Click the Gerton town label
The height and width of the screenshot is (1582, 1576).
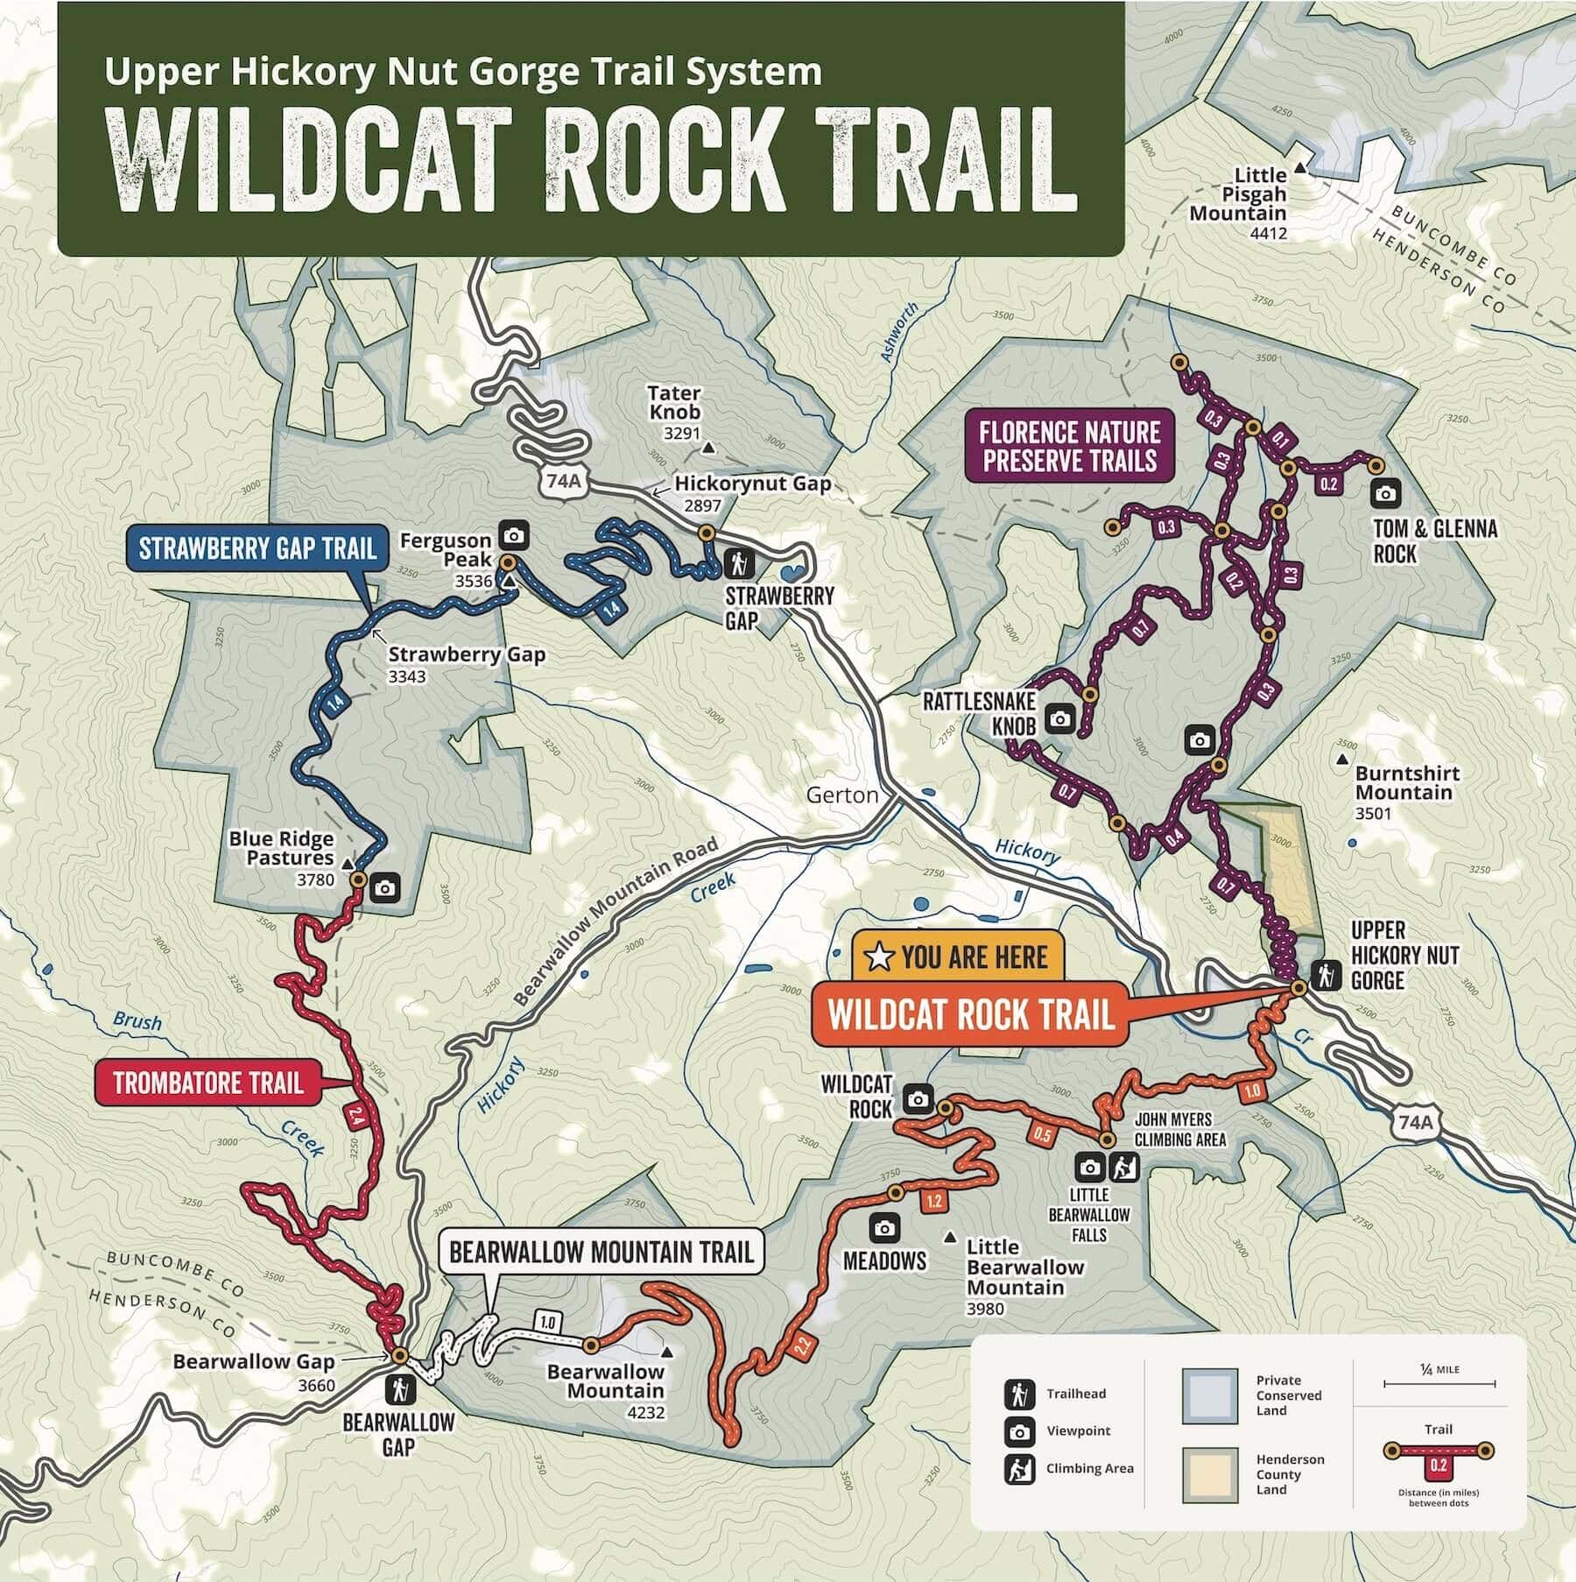point(841,795)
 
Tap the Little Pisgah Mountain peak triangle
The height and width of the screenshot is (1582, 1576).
point(1301,166)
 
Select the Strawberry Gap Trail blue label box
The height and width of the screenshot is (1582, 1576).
point(257,549)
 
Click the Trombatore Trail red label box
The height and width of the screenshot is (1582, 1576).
point(208,1084)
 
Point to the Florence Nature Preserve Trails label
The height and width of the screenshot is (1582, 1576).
point(1070,447)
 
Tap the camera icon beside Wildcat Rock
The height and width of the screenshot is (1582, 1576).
point(918,1098)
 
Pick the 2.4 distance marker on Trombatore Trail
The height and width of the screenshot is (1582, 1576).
point(355,1115)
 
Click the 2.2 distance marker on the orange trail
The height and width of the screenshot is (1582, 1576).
point(803,1346)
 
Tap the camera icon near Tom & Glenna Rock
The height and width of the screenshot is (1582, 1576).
point(1385,493)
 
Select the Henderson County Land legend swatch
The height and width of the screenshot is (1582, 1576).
point(1209,1475)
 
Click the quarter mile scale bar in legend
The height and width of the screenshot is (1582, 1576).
point(1439,1384)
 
